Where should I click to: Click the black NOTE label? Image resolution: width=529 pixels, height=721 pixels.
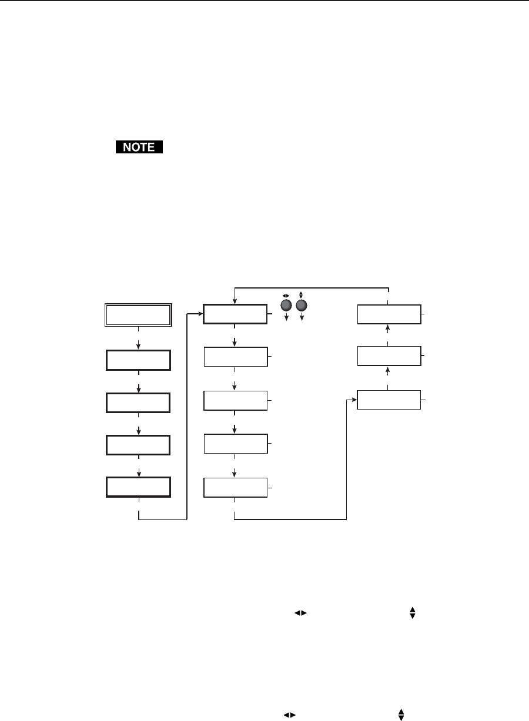(139, 147)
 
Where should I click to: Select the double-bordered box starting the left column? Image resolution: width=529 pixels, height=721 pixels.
(138, 315)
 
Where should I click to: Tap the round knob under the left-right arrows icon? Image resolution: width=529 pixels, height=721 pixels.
(287, 306)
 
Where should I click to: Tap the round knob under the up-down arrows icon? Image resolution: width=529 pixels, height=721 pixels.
(302, 306)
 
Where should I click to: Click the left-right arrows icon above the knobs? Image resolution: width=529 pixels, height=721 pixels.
(287, 295)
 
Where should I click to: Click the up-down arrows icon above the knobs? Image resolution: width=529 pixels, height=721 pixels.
(302, 294)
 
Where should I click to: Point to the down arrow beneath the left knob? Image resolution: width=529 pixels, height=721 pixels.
(287, 318)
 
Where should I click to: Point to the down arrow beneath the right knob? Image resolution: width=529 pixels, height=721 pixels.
(302, 318)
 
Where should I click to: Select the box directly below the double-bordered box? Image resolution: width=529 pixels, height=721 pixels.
(138, 360)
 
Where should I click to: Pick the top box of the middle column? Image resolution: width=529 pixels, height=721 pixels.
(235, 314)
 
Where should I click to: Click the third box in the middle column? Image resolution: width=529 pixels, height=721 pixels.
(235, 400)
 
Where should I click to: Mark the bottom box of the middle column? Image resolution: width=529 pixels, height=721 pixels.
(235, 488)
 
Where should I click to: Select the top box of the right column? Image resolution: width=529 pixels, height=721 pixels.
(389, 314)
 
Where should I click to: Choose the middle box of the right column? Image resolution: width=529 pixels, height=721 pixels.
(389, 356)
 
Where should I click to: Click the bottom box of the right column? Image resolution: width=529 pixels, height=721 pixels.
(389, 400)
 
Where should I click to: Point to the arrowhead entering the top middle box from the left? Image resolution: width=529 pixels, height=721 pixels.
(200, 314)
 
